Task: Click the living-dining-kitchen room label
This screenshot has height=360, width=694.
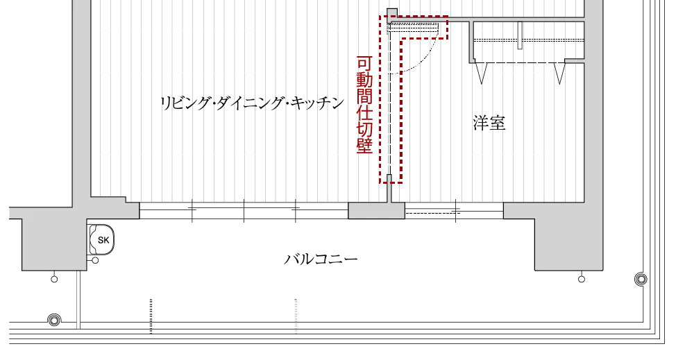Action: click(x=250, y=104)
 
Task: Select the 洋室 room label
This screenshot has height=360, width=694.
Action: click(x=489, y=123)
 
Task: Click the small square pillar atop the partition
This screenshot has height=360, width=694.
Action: click(x=392, y=13)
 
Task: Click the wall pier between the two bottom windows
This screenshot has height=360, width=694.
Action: click(x=376, y=212)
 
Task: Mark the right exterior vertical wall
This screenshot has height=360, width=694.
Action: click(x=594, y=104)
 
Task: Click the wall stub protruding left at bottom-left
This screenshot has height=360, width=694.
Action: click(x=14, y=213)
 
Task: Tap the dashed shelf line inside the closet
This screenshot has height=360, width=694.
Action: click(x=527, y=42)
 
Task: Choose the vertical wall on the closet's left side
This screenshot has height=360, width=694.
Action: click(x=472, y=42)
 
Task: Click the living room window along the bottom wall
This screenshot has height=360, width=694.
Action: click(x=243, y=203)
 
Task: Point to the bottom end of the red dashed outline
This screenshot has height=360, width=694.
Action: click(x=390, y=182)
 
